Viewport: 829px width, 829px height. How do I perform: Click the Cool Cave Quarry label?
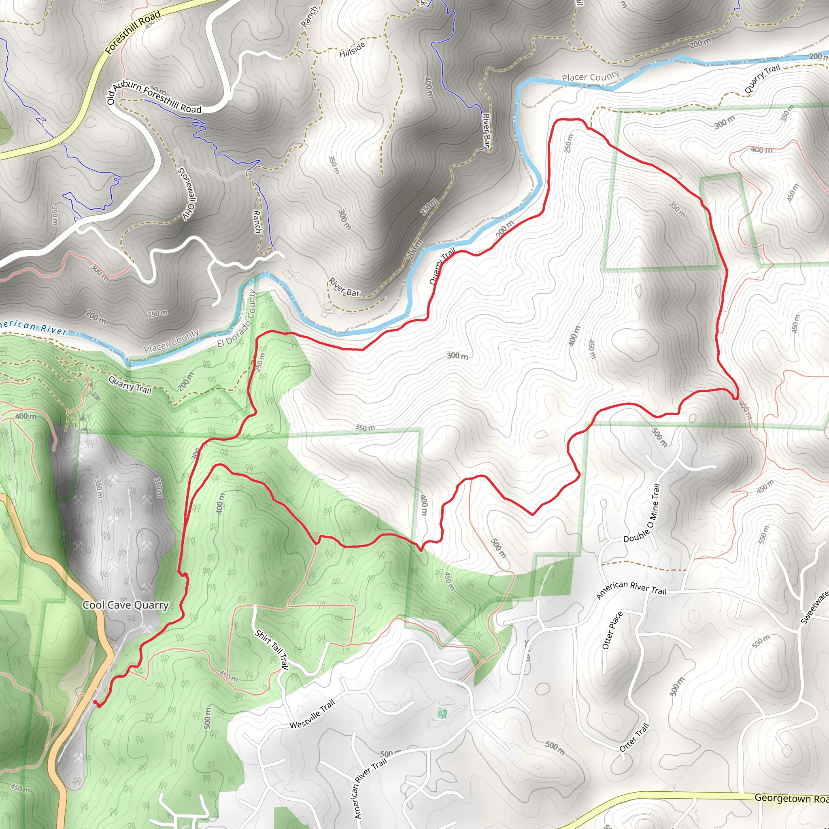[125, 605]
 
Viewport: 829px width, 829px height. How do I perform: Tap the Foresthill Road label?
[133, 32]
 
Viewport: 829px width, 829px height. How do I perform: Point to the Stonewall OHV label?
[187, 194]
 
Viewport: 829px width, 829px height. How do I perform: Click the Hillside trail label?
[352, 50]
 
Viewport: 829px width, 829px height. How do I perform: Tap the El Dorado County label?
[236, 319]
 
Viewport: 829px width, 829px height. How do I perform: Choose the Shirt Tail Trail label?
[272, 649]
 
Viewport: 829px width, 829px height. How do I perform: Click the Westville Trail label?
[312, 714]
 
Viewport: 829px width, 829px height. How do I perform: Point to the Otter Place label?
[612, 630]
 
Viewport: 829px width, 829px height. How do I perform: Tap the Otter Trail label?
[634, 737]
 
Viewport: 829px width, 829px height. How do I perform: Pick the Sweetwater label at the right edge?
[815, 608]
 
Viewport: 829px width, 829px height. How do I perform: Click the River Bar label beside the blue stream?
[486, 130]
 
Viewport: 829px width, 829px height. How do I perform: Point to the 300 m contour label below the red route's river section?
[457, 356]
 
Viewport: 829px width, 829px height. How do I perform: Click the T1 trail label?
[300, 54]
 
